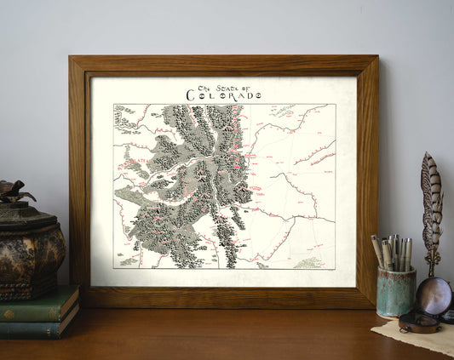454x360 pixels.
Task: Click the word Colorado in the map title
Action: [x=225, y=96]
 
